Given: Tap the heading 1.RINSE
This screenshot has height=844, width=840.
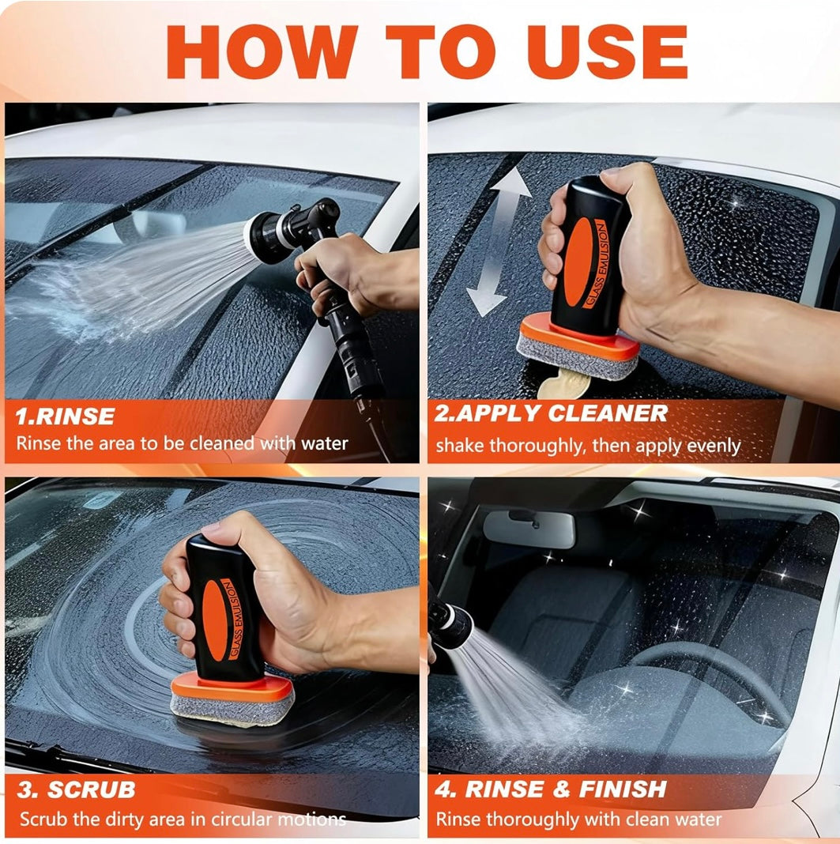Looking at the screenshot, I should pos(65,416).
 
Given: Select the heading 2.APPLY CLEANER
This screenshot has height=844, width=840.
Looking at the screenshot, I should pos(551,413).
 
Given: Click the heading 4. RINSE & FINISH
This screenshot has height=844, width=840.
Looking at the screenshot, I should pos(551,789).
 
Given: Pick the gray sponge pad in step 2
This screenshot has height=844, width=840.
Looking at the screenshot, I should pos(577,359).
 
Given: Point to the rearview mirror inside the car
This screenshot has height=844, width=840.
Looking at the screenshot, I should pos(529,528).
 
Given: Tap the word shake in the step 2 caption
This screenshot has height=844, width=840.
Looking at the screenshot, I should pos(460,446).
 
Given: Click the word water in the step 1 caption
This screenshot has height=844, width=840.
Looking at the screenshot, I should pos(324,443).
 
